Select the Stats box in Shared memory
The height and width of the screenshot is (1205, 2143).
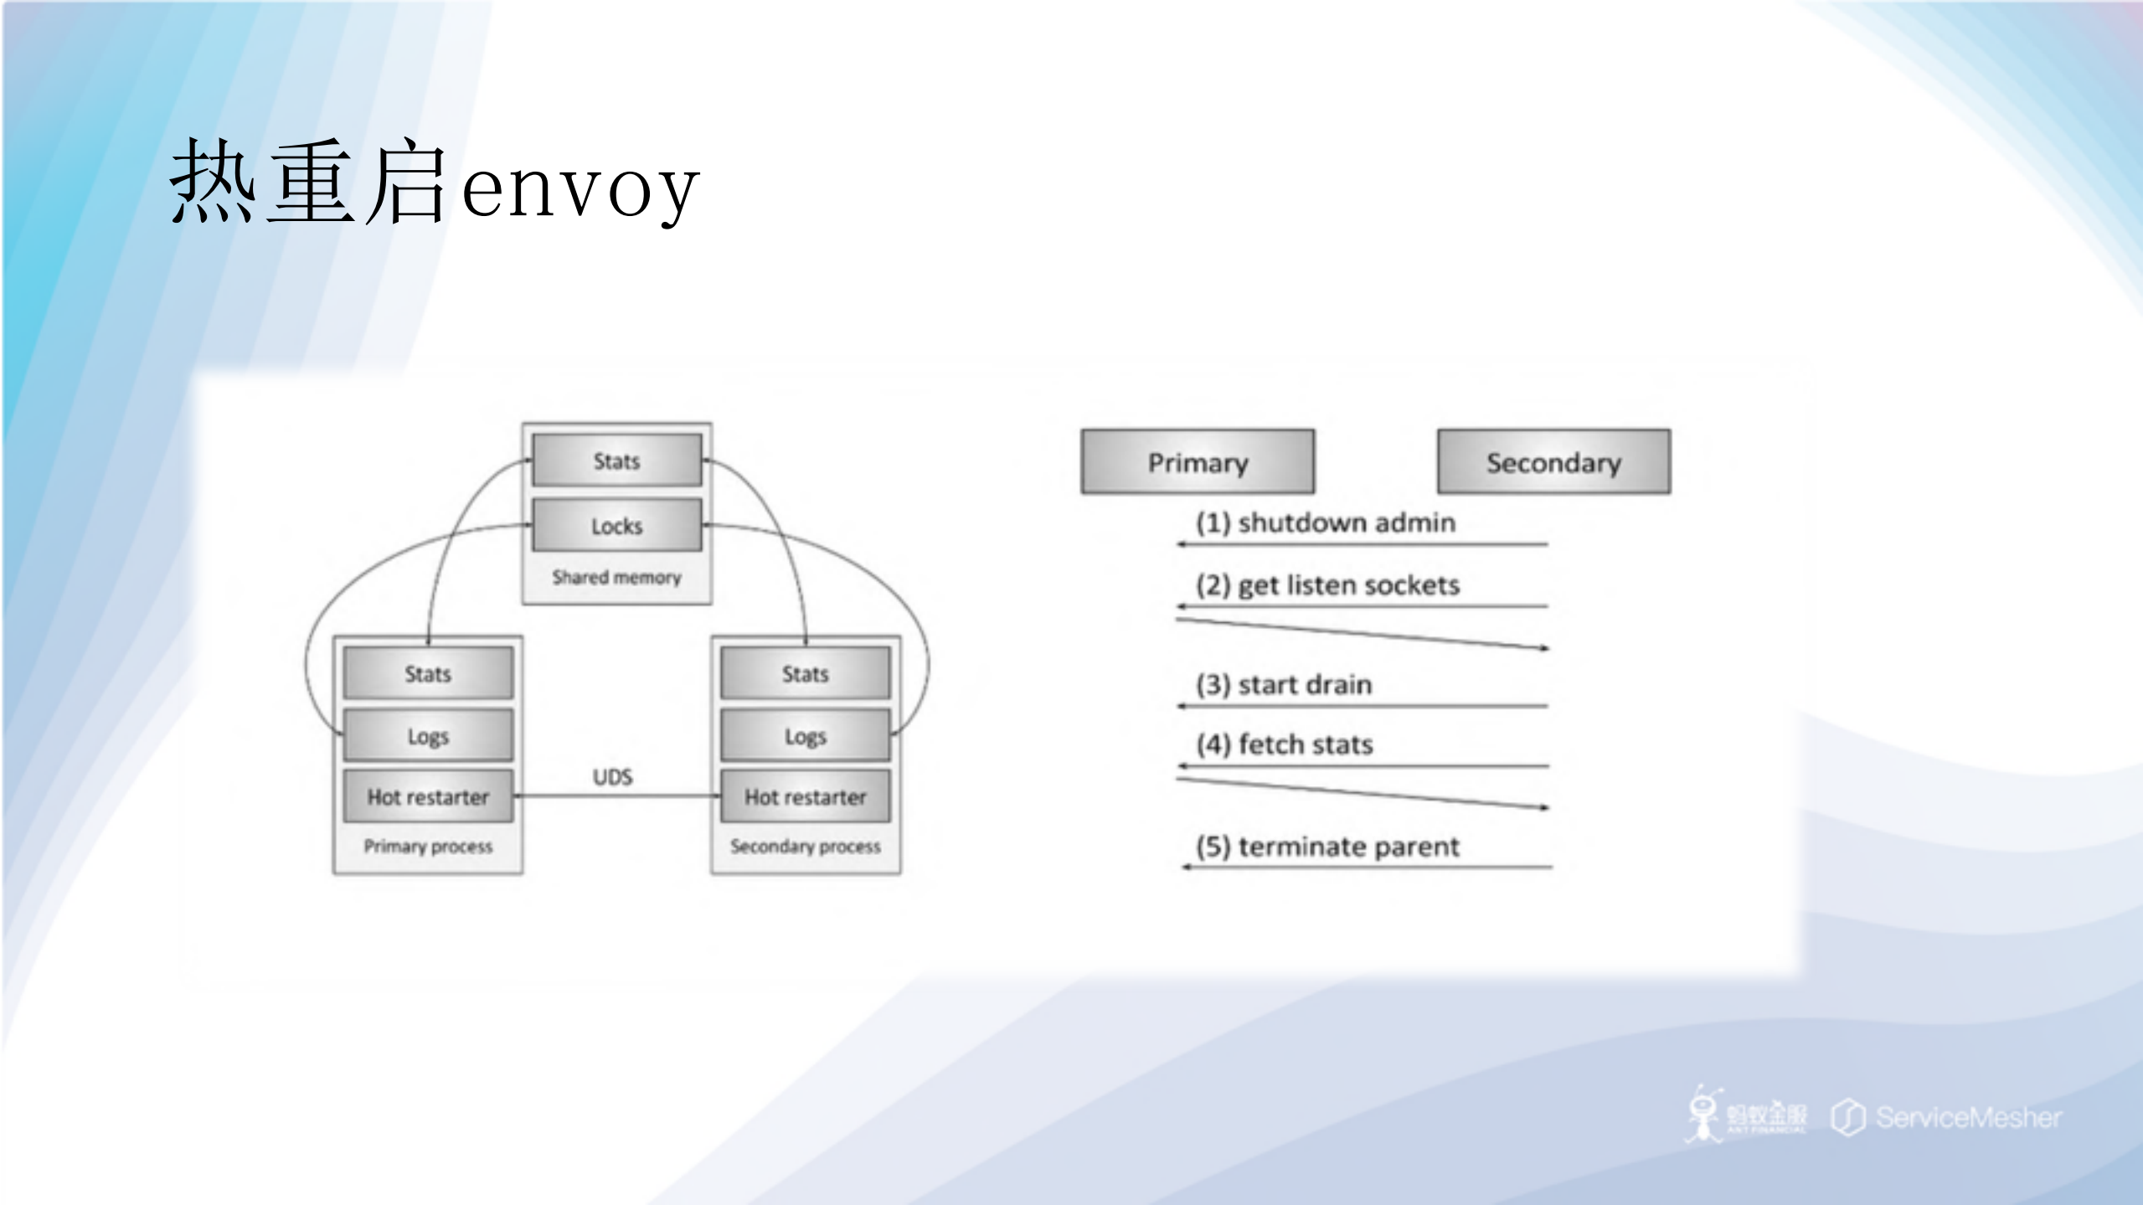617,461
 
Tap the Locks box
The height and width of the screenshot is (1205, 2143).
617,526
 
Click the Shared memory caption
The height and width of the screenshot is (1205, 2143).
617,577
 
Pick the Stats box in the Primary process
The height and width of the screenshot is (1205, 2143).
428,673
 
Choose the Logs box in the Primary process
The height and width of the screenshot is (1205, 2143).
428,736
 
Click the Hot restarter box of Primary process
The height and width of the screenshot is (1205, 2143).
428,796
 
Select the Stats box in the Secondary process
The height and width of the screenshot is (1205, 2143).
805,673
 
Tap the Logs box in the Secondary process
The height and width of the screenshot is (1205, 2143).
805,736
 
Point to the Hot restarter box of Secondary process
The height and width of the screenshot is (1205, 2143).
805,796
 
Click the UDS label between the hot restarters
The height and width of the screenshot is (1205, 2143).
613,777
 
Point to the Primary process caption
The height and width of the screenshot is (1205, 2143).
428,846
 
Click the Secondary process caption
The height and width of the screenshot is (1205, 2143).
805,846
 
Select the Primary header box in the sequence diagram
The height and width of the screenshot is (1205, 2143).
1198,462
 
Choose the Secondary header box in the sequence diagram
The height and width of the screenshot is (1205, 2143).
1553,462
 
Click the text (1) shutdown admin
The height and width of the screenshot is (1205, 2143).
1326,523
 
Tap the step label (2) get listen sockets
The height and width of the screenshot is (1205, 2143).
1327,584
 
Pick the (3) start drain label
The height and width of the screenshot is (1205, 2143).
1284,684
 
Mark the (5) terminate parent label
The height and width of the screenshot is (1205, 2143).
1327,846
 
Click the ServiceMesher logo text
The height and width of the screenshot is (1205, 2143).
1968,1117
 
